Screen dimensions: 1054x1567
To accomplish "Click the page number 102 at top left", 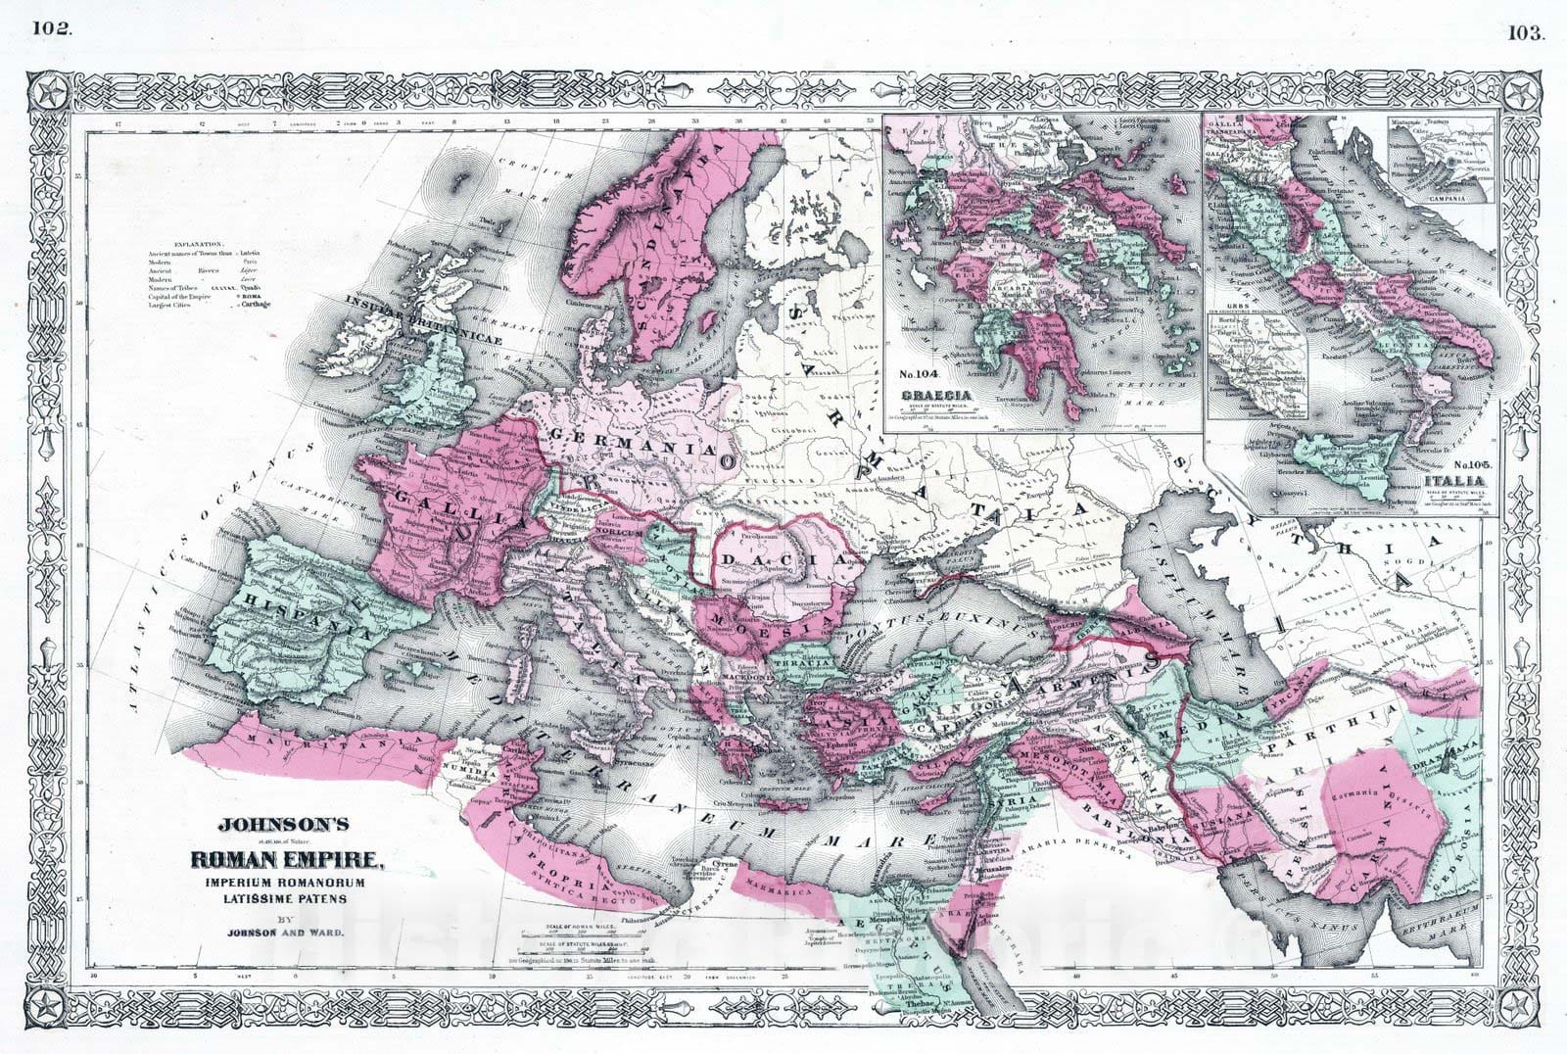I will pos(51,27).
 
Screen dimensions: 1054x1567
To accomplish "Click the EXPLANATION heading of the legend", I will pos(197,243).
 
